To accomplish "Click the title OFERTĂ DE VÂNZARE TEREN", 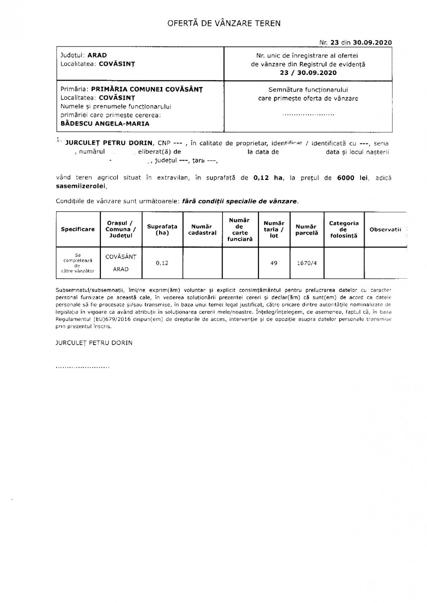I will pos(224,23).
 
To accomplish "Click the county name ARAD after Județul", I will pos(97,55).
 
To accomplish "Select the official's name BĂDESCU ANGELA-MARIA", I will pos(105,124).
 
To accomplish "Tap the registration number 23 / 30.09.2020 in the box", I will pos(308,73).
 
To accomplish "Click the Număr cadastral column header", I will pos(202,230).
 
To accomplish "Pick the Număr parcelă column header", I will pos(307,230).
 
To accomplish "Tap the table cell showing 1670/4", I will pos(307,263).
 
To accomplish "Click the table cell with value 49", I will pos(274,263).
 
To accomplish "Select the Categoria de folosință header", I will pos(344,230).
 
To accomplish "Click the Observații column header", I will pos(385,230).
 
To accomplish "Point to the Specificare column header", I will pos(78,229).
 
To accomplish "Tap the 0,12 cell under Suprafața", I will pos(163,263).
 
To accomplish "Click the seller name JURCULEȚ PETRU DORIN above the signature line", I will pos(94,343).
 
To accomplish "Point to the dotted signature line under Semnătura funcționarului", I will pos(308,115).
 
